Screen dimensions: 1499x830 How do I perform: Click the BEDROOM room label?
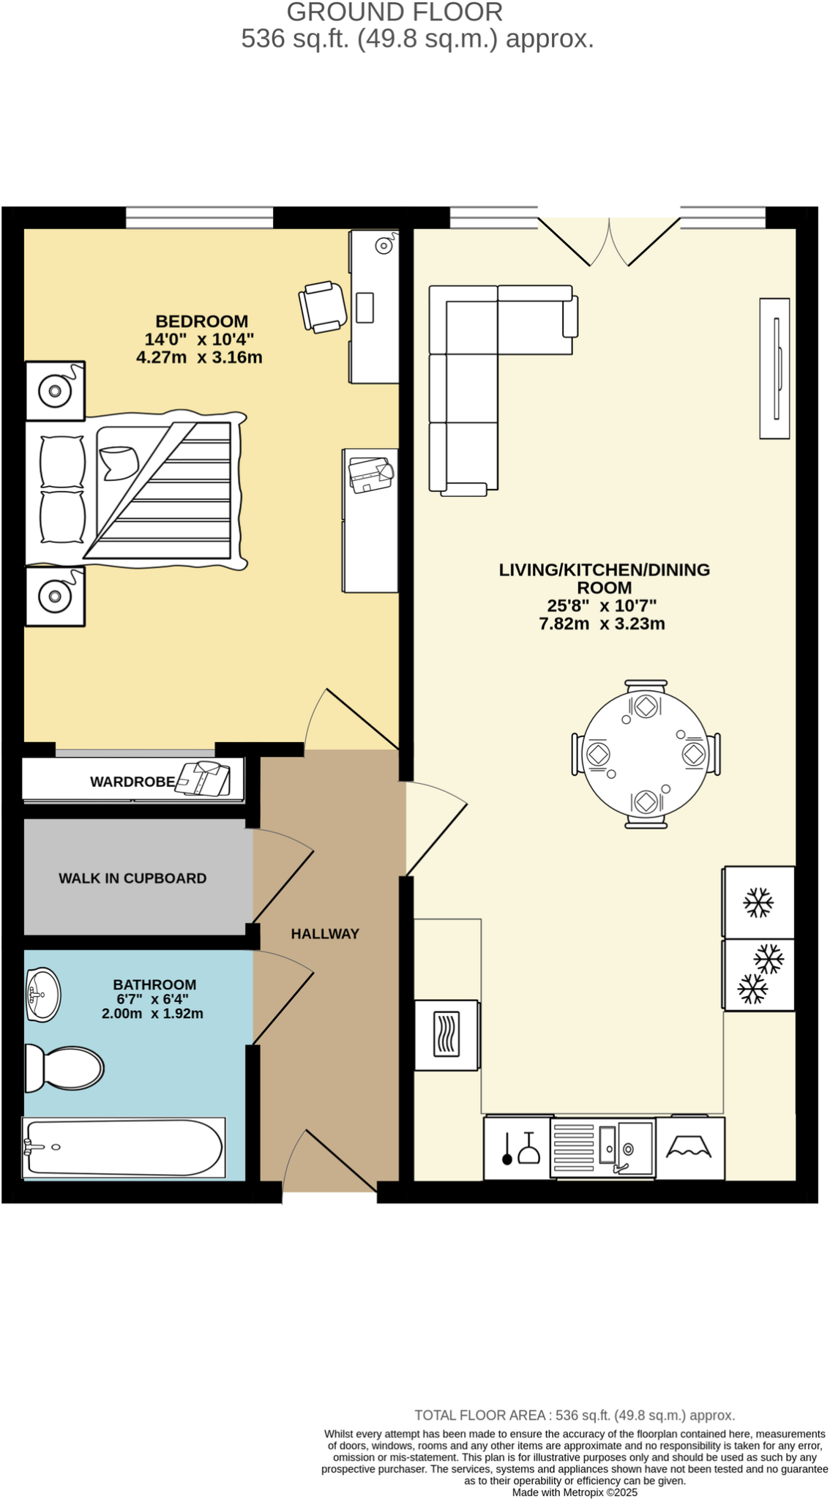pos(201,321)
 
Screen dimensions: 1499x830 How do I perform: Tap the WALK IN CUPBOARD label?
pos(132,878)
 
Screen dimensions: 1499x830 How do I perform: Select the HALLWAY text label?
pos(325,934)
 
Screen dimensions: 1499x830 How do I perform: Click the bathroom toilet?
pos(64,1068)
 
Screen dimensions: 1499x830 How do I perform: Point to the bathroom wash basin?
pos(42,995)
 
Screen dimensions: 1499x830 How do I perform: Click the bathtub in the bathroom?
pos(123,1148)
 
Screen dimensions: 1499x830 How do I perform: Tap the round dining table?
pos(646,754)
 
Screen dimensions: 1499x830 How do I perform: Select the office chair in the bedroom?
pos(323,307)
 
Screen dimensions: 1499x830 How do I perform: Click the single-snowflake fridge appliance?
pos(758,902)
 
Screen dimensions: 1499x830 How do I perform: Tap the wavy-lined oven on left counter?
pos(446,1034)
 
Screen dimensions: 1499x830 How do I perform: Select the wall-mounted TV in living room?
pos(774,368)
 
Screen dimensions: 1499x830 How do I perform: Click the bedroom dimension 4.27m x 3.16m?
pos(199,358)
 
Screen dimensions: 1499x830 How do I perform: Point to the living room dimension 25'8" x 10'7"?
pos(602,606)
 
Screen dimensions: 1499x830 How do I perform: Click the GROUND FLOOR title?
pos(395,12)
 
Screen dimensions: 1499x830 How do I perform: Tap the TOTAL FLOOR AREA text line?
pos(575,1415)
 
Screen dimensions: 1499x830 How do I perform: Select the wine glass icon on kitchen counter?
pos(529,1149)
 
